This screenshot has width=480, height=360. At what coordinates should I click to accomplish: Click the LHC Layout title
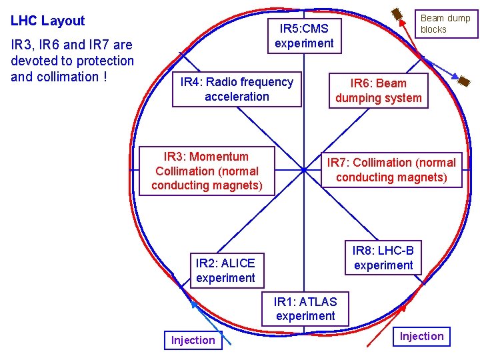click(48, 21)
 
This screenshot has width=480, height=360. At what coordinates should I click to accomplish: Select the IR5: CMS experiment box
click(304, 36)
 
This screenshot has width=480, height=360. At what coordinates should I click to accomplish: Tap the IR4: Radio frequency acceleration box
click(237, 89)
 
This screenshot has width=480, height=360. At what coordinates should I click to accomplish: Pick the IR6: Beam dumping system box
click(378, 91)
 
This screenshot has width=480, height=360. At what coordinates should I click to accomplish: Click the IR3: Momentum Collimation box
click(207, 171)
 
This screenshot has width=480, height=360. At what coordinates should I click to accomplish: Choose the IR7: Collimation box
click(391, 169)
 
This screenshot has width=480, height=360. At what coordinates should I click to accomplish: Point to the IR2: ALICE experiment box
click(225, 270)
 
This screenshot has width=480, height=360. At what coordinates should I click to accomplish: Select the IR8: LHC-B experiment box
click(383, 258)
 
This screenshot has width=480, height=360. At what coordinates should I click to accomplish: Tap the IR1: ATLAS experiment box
click(305, 309)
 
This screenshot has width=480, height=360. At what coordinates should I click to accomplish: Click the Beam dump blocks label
click(445, 24)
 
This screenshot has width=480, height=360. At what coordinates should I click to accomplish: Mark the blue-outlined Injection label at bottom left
click(193, 340)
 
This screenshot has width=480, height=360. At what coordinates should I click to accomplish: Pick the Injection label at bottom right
click(421, 336)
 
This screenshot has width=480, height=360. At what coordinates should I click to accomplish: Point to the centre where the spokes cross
click(304, 170)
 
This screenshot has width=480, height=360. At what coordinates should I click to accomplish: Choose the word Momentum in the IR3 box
click(219, 157)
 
